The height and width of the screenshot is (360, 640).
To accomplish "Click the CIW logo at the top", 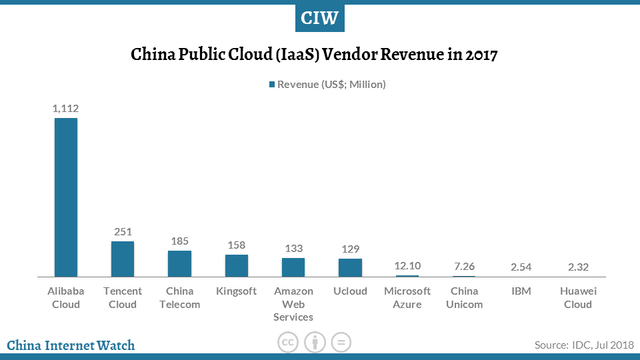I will [x=320, y=17].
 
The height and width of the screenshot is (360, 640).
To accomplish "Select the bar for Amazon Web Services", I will [x=293, y=266].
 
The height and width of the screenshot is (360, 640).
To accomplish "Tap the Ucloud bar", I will [x=350, y=266].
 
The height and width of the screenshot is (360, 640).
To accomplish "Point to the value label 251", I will [x=123, y=231].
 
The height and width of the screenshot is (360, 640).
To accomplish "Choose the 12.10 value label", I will [x=407, y=264].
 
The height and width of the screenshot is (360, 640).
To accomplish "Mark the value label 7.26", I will [x=464, y=265].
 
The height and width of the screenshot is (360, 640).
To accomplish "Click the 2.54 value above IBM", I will [x=520, y=266].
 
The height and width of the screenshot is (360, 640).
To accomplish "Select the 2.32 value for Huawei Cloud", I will [x=577, y=266].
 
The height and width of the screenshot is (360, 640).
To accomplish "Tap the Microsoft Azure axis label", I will [x=407, y=297].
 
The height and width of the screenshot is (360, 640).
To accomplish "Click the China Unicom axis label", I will [x=464, y=297].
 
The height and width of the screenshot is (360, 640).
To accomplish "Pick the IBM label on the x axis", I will [x=520, y=291].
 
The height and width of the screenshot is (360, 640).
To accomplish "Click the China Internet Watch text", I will [x=71, y=346].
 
